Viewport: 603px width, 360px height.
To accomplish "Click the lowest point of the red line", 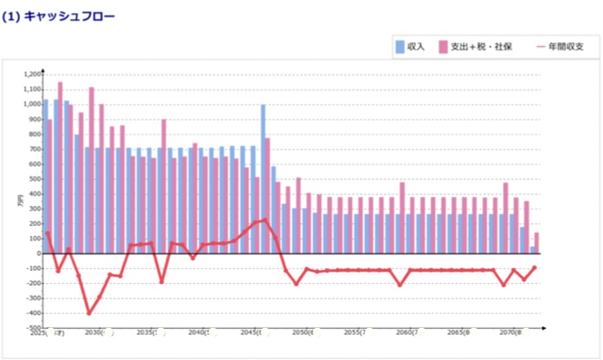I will click(88, 313).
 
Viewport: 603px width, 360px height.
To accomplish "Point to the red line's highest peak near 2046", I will click(265, 220).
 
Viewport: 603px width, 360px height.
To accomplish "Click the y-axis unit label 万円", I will click(19, 202).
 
